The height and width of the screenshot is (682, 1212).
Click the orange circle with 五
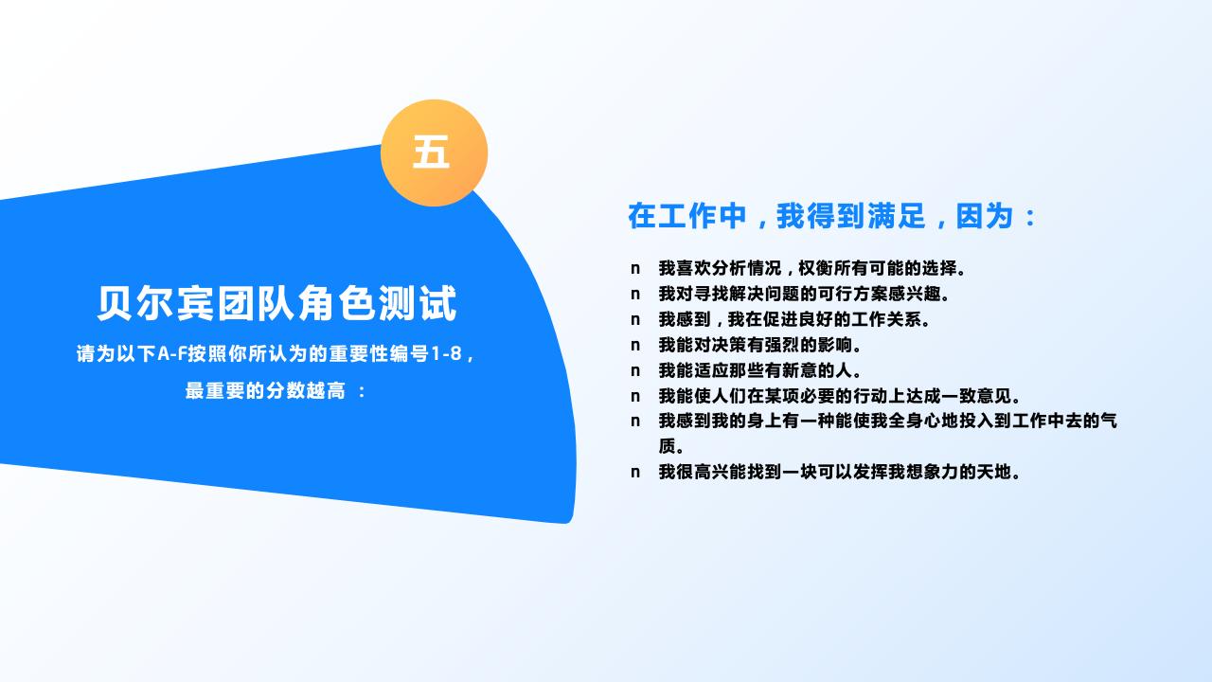point(434,153)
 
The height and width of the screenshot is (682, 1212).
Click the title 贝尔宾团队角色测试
point(276,303)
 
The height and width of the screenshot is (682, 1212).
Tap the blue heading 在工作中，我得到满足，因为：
point(832,216)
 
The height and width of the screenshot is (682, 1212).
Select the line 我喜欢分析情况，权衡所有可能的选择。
point(812,268)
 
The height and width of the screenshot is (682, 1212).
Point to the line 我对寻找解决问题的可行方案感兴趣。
point(805,294)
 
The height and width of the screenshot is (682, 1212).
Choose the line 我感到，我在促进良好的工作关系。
point(794,319)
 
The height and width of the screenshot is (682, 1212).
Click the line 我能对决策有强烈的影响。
point(760,345)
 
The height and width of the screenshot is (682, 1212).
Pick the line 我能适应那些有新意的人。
point(760,370)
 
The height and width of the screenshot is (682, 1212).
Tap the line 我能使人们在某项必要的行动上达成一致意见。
point(840,396)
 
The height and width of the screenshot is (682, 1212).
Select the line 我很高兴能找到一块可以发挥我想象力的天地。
point(840,472)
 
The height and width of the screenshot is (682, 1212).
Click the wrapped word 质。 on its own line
point(671,446)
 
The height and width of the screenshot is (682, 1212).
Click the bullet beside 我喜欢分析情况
point(635,269)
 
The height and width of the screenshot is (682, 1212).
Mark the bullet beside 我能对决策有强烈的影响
point(635,346)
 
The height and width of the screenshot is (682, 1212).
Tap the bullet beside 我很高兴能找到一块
point(635,473)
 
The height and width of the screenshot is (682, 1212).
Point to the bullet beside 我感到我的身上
point(635,422)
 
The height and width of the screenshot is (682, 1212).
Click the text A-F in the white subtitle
point(171,354)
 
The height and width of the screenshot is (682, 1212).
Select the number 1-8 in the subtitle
point(446,354)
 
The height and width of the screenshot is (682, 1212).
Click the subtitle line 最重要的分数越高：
point(276,390)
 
